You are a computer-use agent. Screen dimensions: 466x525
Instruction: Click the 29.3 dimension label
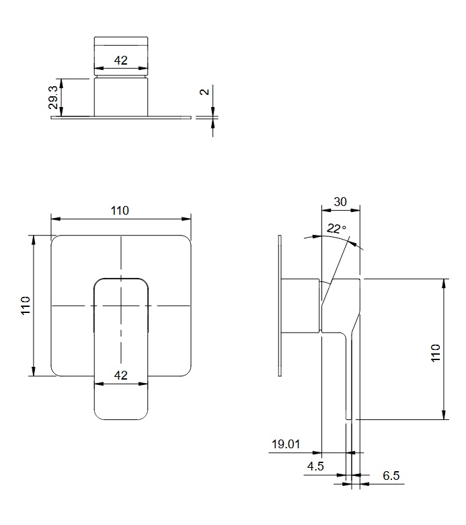click(53, 97)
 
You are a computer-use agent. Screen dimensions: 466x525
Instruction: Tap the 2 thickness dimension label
click(204, 92)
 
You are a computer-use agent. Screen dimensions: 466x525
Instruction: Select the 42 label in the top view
click(121, 61)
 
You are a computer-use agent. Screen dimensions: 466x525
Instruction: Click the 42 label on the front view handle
click(121, 375)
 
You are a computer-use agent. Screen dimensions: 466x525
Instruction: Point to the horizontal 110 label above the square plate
click(120, 211)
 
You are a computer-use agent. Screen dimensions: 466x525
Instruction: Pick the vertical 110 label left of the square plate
click(26, 306)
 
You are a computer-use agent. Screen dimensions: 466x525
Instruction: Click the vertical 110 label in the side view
click(435, 353)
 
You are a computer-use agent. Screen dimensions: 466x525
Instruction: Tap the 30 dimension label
click(340, 202)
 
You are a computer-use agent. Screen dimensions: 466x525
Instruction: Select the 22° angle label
click(336, 228)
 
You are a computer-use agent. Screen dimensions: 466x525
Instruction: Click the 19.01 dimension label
click(286, 444)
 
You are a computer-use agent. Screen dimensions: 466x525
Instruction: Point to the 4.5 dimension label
click(315, 466)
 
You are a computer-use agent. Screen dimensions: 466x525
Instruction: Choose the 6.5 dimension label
click(391, 475)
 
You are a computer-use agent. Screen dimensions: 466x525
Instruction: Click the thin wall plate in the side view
click(280, 306)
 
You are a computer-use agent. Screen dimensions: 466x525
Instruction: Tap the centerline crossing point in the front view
click(121, 306)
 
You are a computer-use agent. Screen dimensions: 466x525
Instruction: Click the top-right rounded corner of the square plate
click(186, 240)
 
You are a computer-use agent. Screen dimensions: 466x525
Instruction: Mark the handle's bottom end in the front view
click(121, 419)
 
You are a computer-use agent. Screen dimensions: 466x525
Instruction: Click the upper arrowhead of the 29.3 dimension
click(61, 82)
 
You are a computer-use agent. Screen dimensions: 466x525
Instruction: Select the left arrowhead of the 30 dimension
click(325, 210)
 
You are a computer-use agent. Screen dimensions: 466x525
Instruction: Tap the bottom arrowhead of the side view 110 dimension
click(444, 415)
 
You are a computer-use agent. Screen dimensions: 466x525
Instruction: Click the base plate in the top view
click(121, 118)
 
